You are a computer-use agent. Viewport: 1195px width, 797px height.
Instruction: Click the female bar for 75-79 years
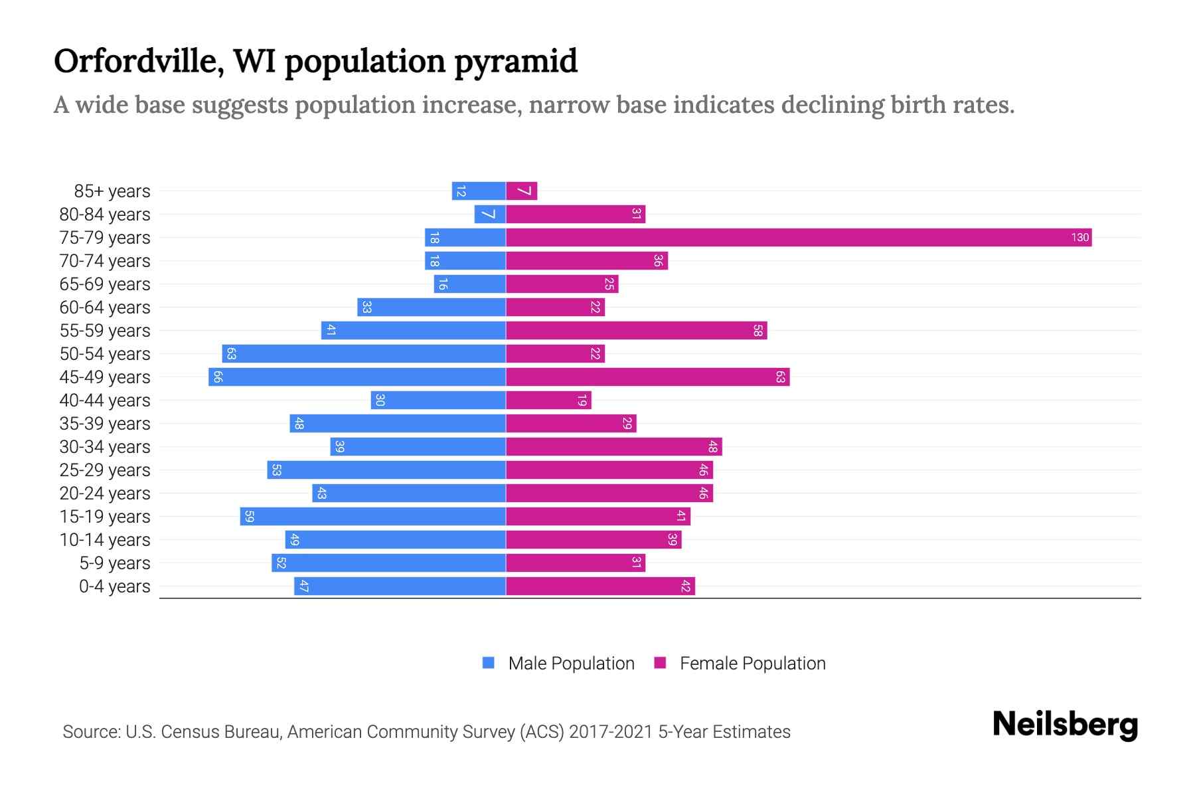click(x=799, y=238)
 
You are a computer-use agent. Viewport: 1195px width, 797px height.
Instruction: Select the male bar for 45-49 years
click(x=357, y=377)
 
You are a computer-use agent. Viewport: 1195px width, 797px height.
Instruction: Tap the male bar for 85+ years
click(x=479, y=191)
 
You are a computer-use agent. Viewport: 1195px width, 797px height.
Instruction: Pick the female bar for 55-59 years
click(x=636, y=331)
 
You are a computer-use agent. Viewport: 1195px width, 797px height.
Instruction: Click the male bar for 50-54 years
click(x=364, y=354)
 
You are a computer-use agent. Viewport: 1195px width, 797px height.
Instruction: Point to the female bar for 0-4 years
click(x=600, y=586)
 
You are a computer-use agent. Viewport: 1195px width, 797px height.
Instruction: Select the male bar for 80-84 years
click(x=490, y=215)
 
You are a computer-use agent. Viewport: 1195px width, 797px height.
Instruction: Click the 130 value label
click(x=1079, y=238)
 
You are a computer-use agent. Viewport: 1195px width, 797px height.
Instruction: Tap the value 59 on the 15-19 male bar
click(x=249, y=517)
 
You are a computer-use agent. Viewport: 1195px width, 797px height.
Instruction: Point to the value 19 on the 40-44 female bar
click(x=582, y=400)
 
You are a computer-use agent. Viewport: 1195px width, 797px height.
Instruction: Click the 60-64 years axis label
click(x=105, y=308)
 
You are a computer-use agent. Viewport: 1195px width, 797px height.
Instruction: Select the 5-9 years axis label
click(x=114, y=563)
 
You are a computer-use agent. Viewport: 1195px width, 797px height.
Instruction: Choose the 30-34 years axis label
click(x=105, y=447)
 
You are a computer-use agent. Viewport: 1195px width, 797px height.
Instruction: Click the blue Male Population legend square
click(x=489, y=663)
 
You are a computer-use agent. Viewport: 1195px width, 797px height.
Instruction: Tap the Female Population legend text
click(x=752, y=664)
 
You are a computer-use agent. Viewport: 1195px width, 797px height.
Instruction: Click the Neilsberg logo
click(x=1065, y=725)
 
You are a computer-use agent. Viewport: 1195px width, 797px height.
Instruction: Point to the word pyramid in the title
click(x=516, y=62)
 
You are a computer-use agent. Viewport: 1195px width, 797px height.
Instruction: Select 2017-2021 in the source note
click(x=610, y=732)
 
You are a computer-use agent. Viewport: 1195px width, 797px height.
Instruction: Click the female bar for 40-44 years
click(x=548, y=400)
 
